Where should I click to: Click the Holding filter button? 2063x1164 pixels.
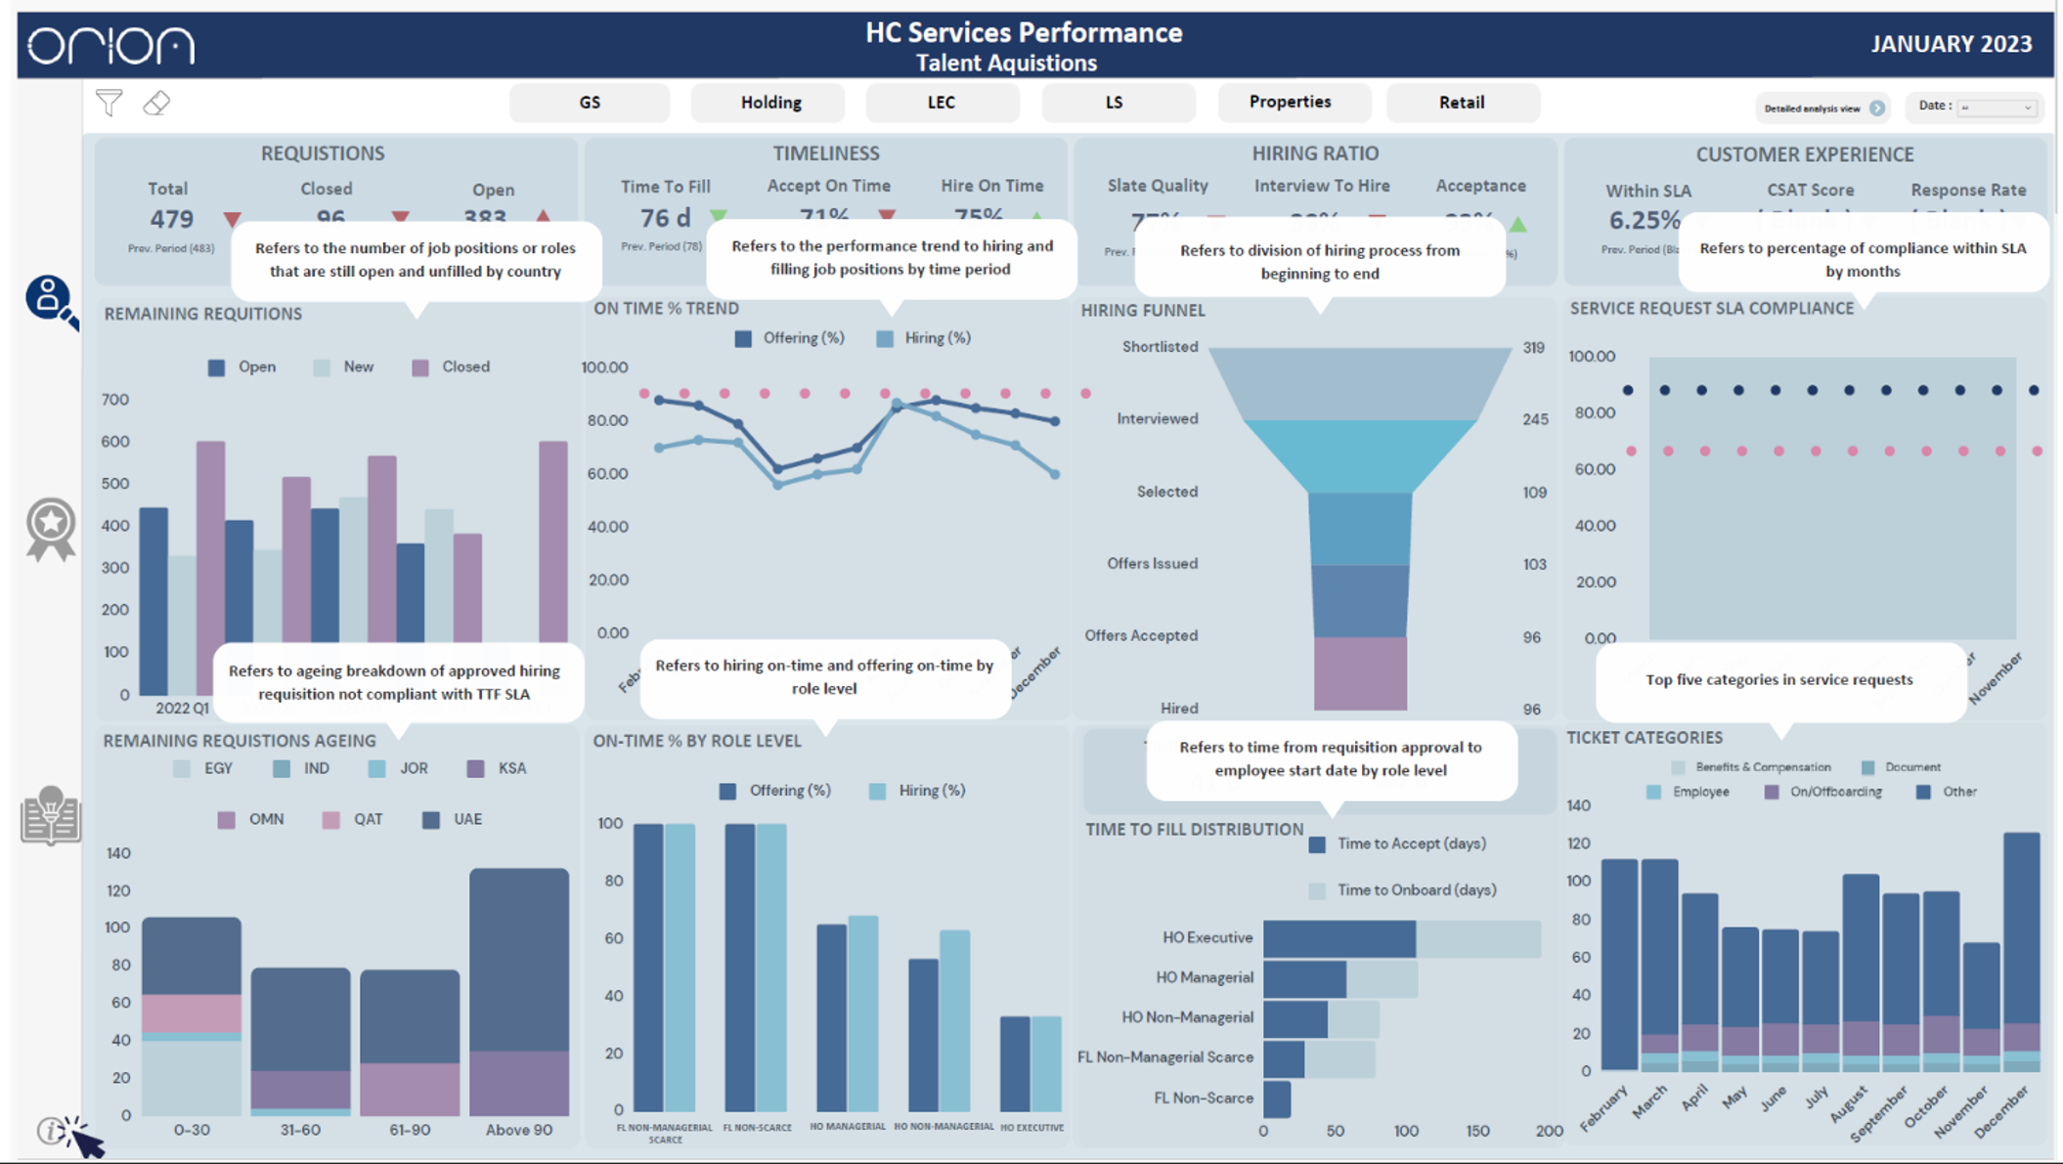(x=769, y=103)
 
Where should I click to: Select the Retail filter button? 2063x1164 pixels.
(x=1461, y=103)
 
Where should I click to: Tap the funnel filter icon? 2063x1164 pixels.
(x=109, y=103)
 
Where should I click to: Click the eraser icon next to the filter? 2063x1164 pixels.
(x=156, y=103)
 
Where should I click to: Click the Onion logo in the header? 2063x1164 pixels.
(x=110, y=45)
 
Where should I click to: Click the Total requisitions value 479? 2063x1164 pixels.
(x=171, y=219)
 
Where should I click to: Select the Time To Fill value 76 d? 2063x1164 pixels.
(x=665, y=218)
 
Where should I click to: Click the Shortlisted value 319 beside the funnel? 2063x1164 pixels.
(x=1533, y=348)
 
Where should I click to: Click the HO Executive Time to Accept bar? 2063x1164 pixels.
(x=1338, y=938)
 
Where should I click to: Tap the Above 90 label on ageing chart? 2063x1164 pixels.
(x=518, y=1130)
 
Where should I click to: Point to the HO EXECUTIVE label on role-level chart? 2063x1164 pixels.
(x=1031, y=1128)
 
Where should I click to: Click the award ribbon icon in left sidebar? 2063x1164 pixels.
(x=51, y=529)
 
